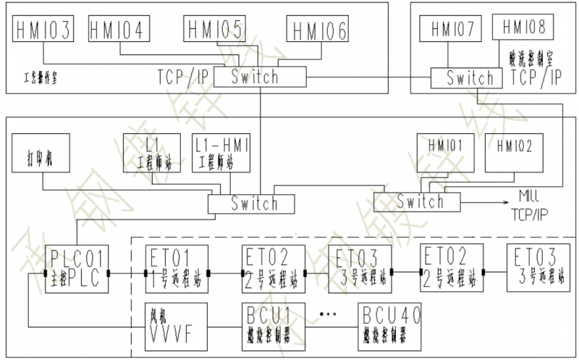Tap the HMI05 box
click(214, 29)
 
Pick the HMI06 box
click(317, 31)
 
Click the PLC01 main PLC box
click(75, 269)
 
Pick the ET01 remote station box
click(176, 269)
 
